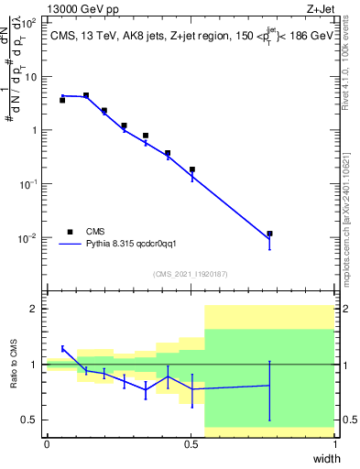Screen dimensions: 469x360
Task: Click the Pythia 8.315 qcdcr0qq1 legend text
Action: [x=133, y=245]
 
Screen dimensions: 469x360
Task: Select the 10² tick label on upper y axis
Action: [x=29, y=22]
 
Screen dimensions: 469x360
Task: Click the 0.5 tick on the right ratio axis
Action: [x=348, y=420]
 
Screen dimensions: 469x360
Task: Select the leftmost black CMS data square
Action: [x=62, y=100]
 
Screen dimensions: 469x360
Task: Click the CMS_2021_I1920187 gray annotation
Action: [x=191, y=274]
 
